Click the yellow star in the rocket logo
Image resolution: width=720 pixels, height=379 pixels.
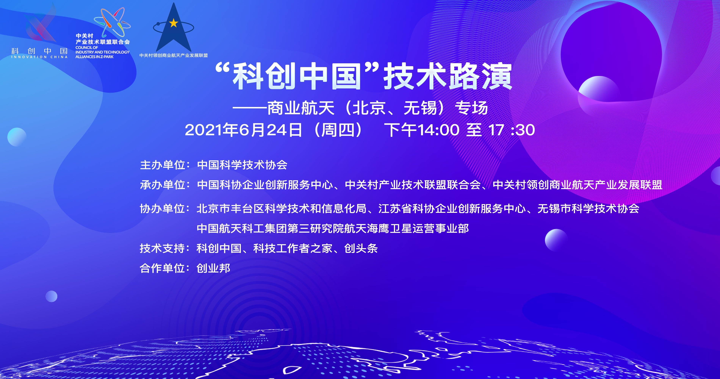pyautogui.click(x=174, y=23)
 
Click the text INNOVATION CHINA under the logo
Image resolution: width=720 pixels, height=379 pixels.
pyautogui.click(x=39, y=57)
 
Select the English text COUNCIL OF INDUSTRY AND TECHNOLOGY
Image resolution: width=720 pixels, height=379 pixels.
pyautogui.click(x=102, y=50)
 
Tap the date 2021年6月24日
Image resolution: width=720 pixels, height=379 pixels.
pyautogui.click(x=243, y=130)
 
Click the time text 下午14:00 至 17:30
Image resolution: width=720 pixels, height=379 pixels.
pyautogui.click(x=459, y=130)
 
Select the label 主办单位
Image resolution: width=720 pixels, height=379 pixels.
pyautogui.click(x=163, y=165)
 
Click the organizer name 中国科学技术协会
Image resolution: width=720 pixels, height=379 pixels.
pyautogui.click(x=242, y=165)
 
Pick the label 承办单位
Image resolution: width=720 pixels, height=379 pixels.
pyautogui.click(x=163, y=185)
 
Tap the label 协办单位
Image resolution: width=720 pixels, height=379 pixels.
pyautogui.click(x=163, y=208)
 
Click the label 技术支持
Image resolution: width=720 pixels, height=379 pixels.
pyautogui.click(x=163, y=248)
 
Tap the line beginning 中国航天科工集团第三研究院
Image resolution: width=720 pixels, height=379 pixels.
pyautogui.click(x=333, y=229)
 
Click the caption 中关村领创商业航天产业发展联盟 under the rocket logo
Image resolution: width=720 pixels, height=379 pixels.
pyautogui.click(x=174, y=55)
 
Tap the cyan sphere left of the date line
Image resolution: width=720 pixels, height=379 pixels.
pyautogui.click(x=17, y=137)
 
